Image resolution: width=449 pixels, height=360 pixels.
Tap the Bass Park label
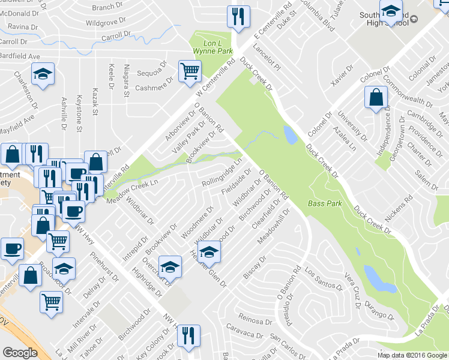click(x=325, y=203)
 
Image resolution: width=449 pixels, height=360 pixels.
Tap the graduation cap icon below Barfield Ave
click(x=43, y=75)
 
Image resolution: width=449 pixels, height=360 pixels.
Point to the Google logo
click(x=20, y=353)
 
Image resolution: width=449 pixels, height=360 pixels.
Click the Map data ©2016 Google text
click(x=412, y=355)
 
